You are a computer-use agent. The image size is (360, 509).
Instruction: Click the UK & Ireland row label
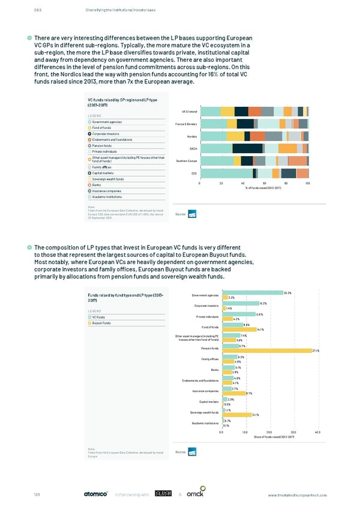[190, 112]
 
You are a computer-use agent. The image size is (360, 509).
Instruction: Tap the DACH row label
[193, 148]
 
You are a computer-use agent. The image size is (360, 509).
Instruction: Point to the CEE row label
[194, 173]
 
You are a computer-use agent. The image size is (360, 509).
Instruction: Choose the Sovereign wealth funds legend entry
[108, 179]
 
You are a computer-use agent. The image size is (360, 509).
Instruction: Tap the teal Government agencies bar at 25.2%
[252, 293]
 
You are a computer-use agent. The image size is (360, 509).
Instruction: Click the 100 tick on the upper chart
[308, 182]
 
